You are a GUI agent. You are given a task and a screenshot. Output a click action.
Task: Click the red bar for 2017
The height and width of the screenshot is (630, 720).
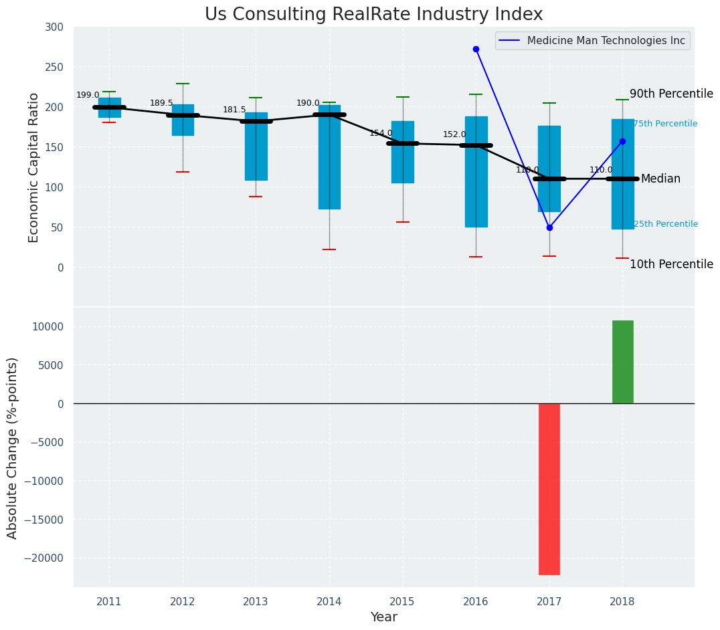pos(549,489)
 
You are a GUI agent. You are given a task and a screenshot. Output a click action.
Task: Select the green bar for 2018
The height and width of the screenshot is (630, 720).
pos(622,362)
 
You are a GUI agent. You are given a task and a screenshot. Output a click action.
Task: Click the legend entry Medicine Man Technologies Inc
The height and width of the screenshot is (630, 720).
pos(606,41)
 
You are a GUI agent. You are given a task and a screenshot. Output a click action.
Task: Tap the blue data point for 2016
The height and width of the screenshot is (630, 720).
pos(476,49)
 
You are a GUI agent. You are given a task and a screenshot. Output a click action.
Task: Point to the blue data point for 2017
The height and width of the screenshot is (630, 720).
pos(549,227)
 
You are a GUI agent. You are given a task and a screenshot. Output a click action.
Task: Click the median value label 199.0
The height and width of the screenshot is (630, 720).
pos(88,95)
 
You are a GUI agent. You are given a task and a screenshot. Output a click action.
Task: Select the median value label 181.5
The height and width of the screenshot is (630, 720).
pos(234,110)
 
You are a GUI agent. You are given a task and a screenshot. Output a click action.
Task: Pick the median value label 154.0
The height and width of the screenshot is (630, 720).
pos(381,133)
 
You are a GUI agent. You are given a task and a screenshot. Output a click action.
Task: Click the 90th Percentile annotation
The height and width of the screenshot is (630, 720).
pos(671,94)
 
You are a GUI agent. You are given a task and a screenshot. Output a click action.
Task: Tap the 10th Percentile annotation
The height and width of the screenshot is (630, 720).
pos(671,264)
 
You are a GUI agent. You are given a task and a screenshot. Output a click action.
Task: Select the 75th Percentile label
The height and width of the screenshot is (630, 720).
pos(665,124)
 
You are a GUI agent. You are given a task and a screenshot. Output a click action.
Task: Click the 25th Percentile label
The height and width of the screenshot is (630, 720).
pos(665,224)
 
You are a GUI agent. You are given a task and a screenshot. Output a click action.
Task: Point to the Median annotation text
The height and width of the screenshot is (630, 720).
pos(660,179)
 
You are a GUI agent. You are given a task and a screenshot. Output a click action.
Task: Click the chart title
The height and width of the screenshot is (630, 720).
pos(373,15)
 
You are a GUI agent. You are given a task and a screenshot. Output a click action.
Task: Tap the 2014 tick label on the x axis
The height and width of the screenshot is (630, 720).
pos(329,602)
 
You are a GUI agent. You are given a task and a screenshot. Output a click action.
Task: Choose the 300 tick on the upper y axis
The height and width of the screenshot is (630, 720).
pos(54,27)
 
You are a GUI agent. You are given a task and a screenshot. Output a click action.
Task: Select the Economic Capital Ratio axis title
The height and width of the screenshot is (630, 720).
pos(34,167)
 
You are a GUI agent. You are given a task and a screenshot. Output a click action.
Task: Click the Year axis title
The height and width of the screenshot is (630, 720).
pos(384,617)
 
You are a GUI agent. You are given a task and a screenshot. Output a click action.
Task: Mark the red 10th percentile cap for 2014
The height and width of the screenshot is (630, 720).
pos(329,249)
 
